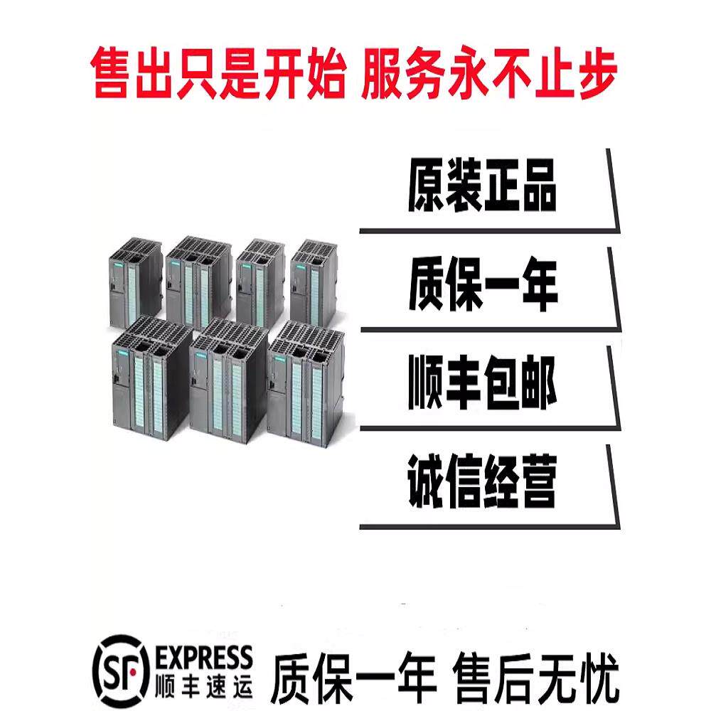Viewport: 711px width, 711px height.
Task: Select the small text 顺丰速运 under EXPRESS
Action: [203, 685]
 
